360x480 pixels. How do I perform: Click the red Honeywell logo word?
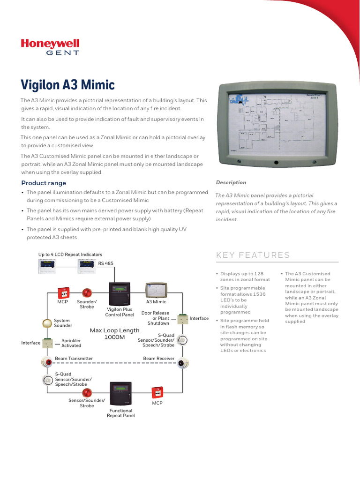[50, 44]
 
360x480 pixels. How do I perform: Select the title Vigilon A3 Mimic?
[67, 85]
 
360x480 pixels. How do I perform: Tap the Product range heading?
[44, 183]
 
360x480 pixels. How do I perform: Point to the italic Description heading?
[231, 182]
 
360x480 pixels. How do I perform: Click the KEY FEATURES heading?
[253, 255]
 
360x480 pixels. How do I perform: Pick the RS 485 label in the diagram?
[106, 263]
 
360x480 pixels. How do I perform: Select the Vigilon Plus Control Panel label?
[120, 312]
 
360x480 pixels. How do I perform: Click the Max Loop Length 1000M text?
[114, 334]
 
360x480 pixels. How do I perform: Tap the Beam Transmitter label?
[74, 359]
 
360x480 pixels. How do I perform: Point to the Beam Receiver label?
[158, 359]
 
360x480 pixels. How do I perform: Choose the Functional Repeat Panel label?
[121, 413]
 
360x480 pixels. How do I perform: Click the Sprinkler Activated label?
[71, 343]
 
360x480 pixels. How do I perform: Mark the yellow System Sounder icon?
[46, 323]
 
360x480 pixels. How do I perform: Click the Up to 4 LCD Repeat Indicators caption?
[70, 254]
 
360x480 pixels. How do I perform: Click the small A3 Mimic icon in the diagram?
[156, 291]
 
